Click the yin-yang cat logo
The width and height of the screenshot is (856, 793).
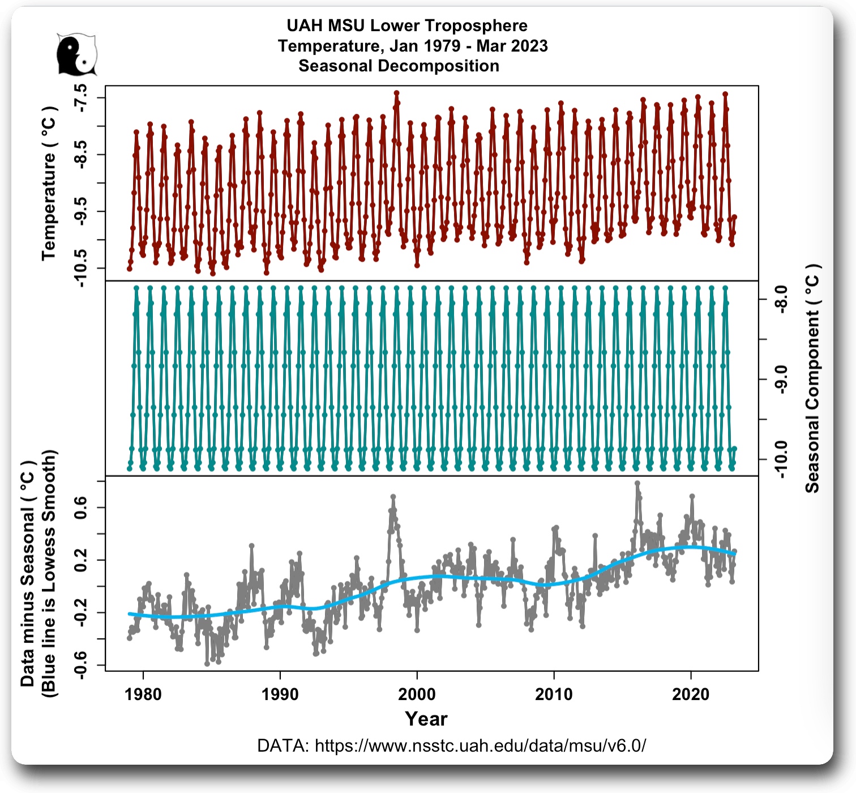coord(76,55)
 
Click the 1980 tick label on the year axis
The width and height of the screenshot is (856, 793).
coord(143,694)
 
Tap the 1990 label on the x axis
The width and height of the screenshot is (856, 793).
coord(280,694)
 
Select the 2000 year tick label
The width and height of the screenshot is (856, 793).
coord(417,694)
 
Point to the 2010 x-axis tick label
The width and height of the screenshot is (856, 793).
coord(554,694)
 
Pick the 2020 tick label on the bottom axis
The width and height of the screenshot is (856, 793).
coord(691,694)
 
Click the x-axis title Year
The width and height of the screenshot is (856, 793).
coord(426,719)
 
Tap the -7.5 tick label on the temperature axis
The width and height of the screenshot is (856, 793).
coord(80,97)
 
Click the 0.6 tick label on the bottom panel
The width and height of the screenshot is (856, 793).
coord(80,508)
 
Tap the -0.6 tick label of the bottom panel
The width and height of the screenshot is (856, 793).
coord(80,665)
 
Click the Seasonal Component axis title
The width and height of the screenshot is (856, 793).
coord(812,378)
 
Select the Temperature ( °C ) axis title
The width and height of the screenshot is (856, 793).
coord(49,183)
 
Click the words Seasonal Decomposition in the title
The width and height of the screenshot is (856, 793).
coord(399,66)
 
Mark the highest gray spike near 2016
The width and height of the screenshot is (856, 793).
coord(637,484)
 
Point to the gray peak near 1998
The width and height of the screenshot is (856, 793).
coord(393,497)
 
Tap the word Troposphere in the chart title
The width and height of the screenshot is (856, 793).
coord(476,25)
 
